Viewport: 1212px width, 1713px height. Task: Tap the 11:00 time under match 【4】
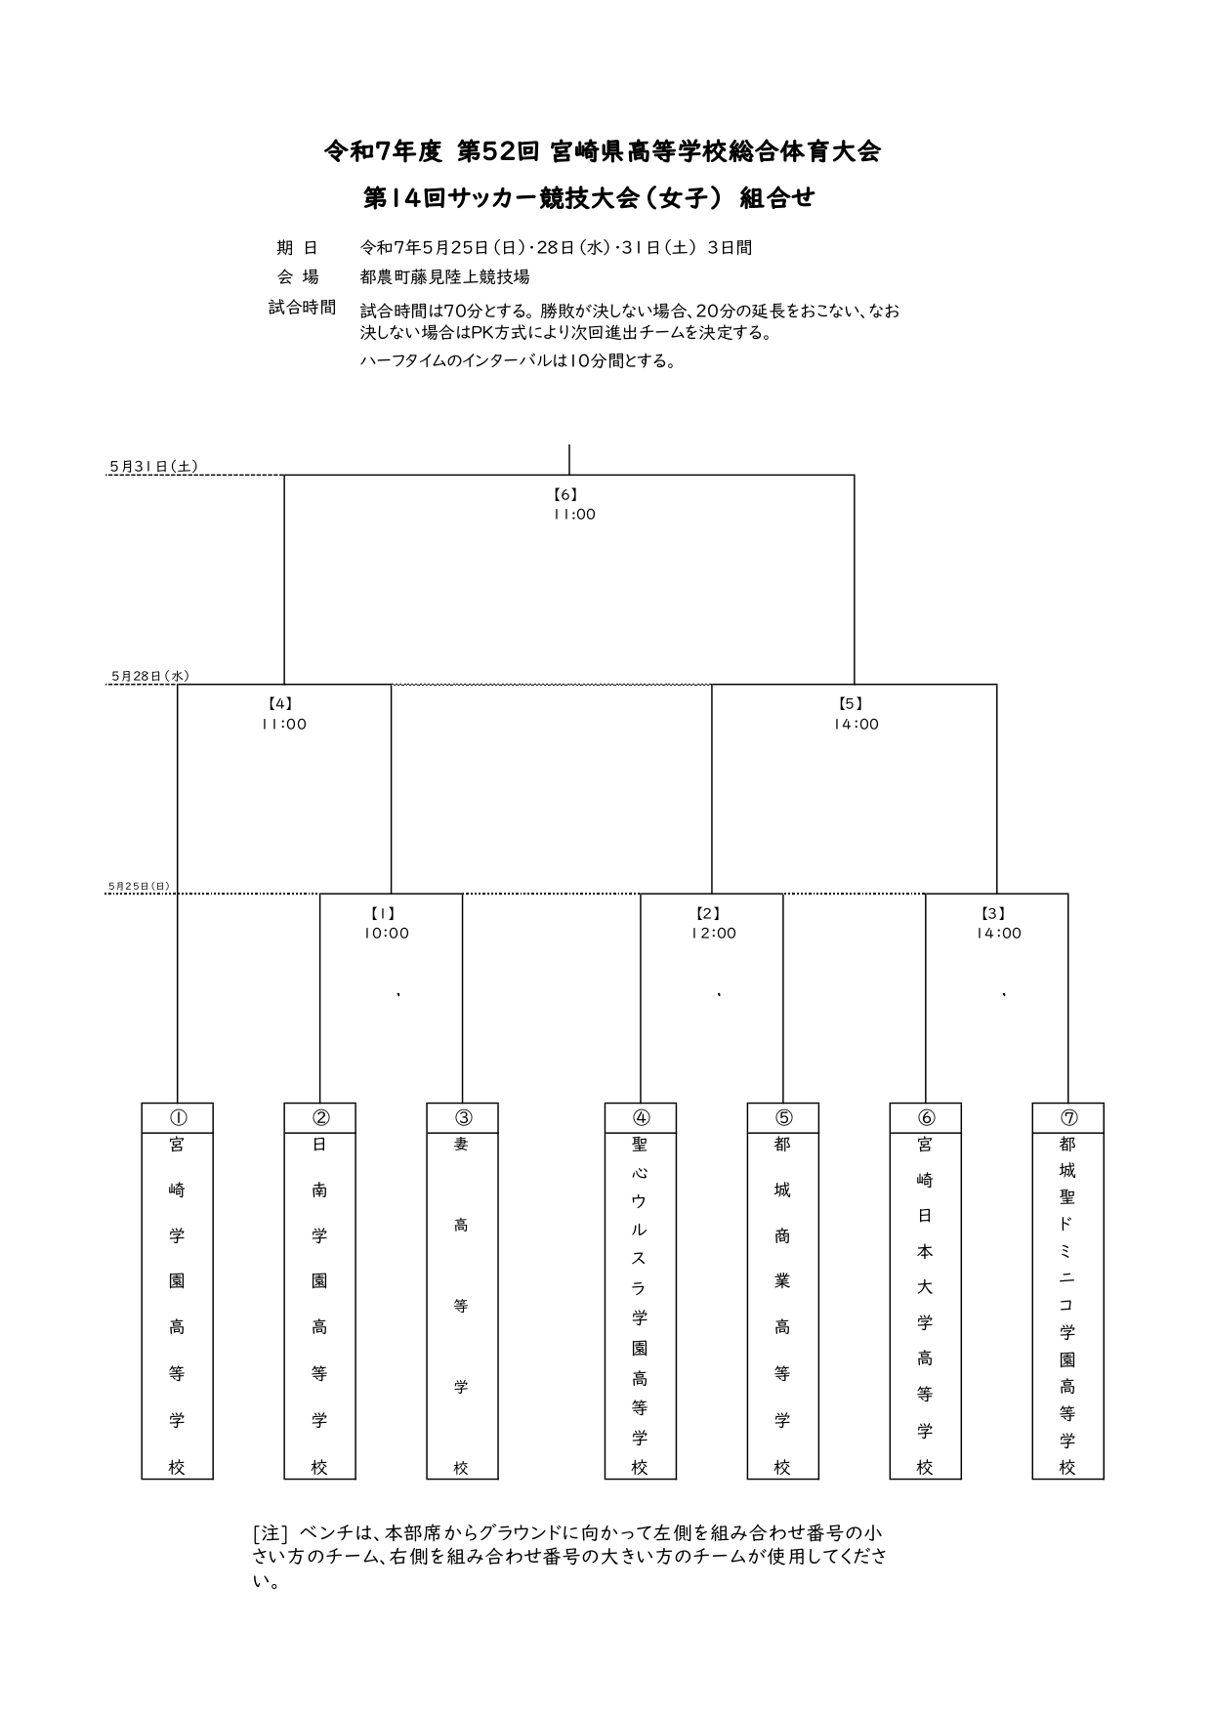pos(283,725)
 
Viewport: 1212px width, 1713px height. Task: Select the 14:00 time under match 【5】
pos(856,725)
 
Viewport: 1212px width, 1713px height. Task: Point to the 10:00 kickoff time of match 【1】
pos(387,934)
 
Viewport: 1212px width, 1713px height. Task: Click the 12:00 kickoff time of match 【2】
pos(713,934)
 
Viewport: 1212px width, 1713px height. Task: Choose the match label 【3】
pos(992,914)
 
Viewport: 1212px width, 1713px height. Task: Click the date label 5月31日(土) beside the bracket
pos(153,467)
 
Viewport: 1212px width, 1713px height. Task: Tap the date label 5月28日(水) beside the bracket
pos(150,676)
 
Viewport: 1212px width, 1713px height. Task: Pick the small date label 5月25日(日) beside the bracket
pos(140,887)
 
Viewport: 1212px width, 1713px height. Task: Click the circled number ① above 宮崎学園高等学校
pos(177,1118)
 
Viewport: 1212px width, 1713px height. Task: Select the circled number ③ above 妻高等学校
pos(462,1118)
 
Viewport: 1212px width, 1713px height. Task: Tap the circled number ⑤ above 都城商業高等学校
pos(783,1118)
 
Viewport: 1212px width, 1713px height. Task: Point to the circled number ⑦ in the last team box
pos(1068,1118)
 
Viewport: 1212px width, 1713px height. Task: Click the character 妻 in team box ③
pos(462,1145)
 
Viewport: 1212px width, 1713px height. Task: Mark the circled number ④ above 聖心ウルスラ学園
pos(641,1118)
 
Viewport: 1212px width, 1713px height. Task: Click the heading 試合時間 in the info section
pos(302,308)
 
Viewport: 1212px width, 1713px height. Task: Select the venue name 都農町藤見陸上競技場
pos(445,277)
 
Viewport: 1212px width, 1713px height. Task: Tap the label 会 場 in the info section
pos(298,277)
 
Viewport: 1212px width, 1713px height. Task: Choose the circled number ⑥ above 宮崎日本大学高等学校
pos(926,1118)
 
